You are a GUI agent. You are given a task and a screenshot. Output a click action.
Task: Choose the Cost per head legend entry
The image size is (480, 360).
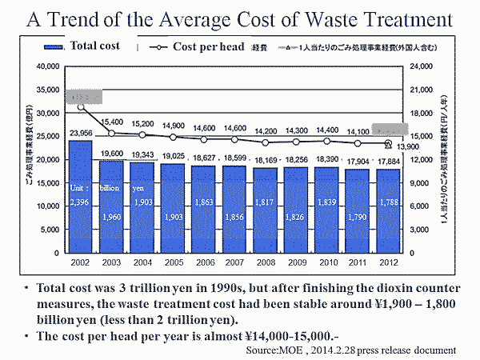(x=205, y=46)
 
